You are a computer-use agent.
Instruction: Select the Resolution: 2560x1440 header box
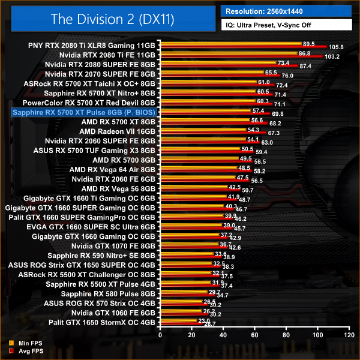287,11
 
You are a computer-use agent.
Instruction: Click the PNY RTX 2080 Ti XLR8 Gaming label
92,45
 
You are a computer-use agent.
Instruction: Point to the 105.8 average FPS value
337,47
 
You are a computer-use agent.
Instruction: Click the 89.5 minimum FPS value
308,43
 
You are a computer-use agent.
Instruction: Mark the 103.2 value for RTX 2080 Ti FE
332,57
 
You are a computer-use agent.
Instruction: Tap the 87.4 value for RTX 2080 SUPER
306,67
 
